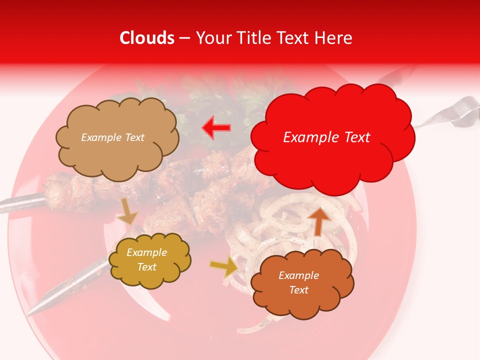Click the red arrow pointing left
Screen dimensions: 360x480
tap(216, 127)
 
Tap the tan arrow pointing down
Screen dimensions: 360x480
tap(127, 212)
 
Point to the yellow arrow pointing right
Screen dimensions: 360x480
tap(225, 267)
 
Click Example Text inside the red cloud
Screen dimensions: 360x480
tap(326, 137)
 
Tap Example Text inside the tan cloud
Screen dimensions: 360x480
tap(112, 137)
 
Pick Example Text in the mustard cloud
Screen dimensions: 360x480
tap(146, 260)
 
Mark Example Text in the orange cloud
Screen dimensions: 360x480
tap(298, 282)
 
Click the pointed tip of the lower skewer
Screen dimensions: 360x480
tap(30, 312)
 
